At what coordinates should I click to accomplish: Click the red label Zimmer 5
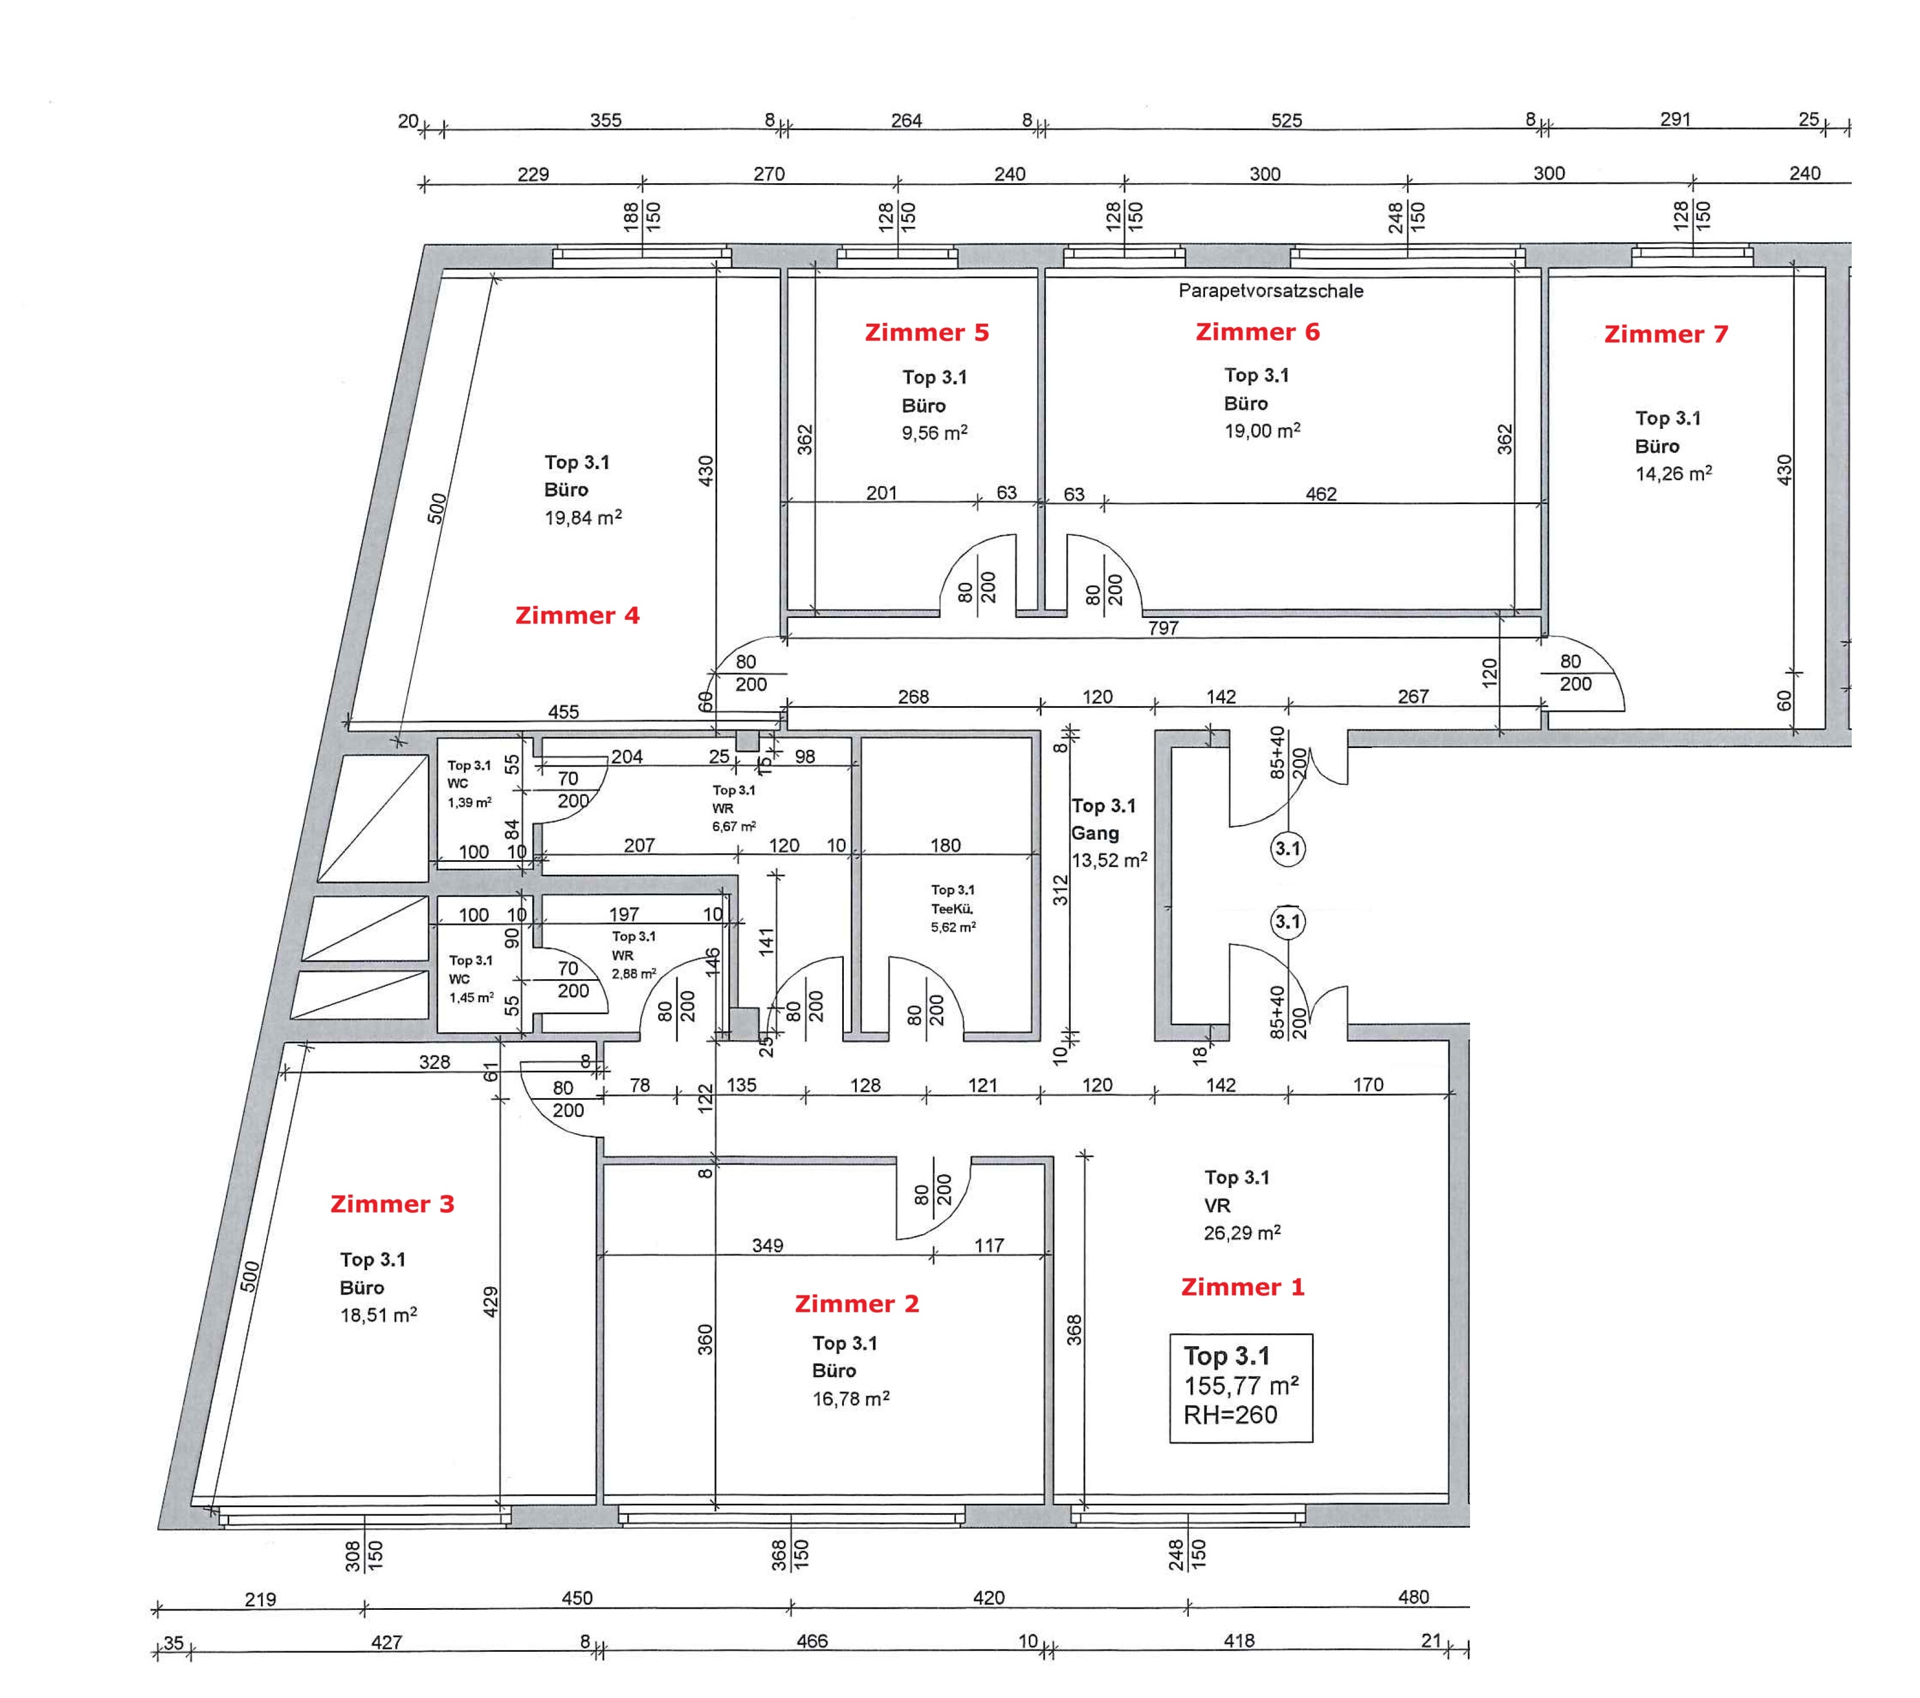(926, 333)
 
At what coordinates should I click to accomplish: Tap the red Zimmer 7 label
(1666, 334)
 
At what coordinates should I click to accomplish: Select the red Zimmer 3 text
(392, 1204)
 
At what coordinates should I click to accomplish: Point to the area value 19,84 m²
(582, 518)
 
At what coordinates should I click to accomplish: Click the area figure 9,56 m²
(934, 433)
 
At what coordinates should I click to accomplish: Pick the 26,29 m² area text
(1242, 1233)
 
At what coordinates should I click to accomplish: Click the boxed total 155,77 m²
(1241, 1386)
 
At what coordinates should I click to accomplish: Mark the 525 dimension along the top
(1286, 120)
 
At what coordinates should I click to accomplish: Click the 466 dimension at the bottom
(812, 1641)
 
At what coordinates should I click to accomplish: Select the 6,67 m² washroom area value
(734, 826)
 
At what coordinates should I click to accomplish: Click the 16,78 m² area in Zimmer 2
(850, 1399)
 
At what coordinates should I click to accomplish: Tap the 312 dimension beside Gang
(1060, 890)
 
